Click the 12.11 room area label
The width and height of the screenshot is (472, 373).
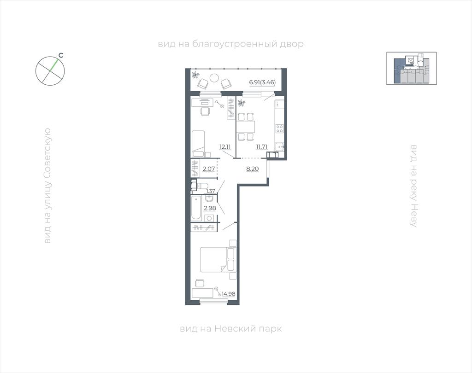point(225,147)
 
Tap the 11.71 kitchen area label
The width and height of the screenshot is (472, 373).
point(261,147)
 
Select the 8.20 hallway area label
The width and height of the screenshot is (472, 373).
point(252,169)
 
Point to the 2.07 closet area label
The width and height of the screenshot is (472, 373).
point(209,169)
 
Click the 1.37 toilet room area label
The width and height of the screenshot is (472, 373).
point(210,191)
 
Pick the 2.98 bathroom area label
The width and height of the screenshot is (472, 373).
point(210,208)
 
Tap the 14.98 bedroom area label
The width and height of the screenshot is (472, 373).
point(229,294)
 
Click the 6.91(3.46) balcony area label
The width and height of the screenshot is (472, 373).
point(262,82)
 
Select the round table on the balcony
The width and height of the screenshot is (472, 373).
point(214,78)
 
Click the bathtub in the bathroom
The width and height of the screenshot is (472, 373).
point(196,208)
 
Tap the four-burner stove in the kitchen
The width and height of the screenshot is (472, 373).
point(279,129)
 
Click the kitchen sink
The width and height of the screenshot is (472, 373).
point(280,147)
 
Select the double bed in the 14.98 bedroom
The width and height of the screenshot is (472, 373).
point(218,260)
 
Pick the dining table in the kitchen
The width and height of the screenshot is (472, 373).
point(246,126)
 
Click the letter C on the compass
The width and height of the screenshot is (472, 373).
point(60,55)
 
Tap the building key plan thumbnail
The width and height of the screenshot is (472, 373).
point(412,68)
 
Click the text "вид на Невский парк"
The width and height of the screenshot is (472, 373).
point(231,328)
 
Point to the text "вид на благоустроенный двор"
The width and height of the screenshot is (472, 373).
point(231,44)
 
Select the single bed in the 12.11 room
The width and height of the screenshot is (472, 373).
point(198,144)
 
